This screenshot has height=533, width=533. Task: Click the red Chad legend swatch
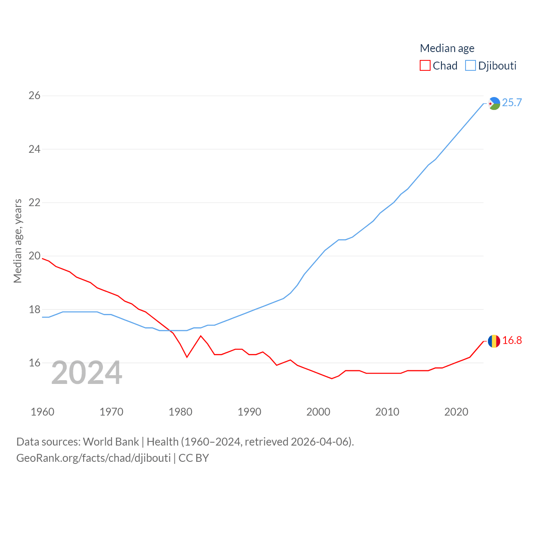(425, 66)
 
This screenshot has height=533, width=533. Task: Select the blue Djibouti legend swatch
(470, 66)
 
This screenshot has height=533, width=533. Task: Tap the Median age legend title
(447, 48)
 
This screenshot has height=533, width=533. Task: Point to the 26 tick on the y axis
(35, 96)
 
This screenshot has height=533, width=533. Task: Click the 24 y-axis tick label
(35, 149)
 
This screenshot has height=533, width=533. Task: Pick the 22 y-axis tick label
(35, 203)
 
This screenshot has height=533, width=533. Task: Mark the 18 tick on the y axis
(35, 309)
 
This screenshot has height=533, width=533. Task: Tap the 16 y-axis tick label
(35, 363)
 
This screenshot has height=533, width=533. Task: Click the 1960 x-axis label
(42, 412)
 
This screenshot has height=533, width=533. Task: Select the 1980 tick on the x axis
(180, 412)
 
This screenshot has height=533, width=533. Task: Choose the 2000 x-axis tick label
(318, 412)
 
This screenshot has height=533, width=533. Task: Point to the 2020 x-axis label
(456, 412)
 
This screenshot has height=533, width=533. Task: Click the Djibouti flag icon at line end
(494, 103)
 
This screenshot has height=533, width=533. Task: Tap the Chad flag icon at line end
(494, 341)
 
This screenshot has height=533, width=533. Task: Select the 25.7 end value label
(512, 102)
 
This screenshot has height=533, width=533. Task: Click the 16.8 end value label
(512, 340)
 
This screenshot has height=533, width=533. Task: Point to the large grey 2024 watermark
(87, 373)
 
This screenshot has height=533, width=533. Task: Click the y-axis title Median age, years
(17, 241)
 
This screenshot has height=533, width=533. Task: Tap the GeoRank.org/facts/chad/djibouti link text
(93, 458)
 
